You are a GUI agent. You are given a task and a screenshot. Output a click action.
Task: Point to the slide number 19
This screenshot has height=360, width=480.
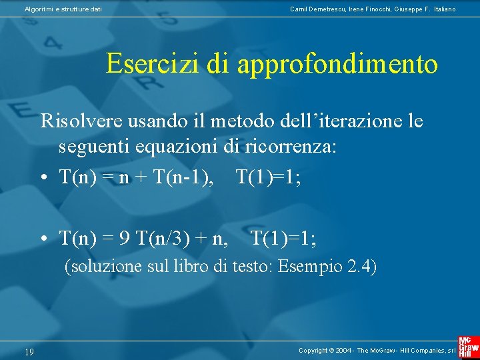29,351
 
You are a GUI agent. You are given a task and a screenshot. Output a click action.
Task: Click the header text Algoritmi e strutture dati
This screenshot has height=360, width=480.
63,9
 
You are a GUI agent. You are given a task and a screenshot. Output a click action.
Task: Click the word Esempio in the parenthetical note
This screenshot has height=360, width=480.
311,267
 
